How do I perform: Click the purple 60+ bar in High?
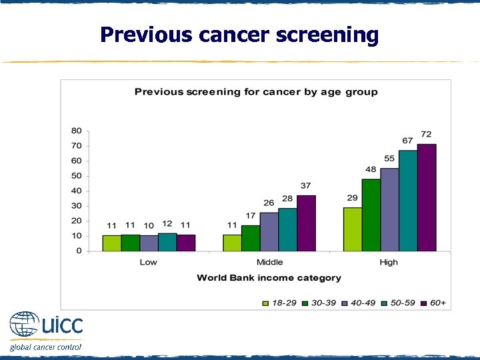click(427, 197)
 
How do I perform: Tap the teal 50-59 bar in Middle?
click(287, 229)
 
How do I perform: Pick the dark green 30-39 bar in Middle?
click(251, 238)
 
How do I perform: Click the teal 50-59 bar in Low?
click(167, 242)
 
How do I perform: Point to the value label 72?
click(426, 135)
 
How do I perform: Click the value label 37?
click(305, 185)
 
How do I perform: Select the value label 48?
click(371, 169)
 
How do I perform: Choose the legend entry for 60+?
click(433, 303)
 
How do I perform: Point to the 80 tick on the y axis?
click(77, 131)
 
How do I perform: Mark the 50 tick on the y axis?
click(77, 176)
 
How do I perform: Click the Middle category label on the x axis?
click(269, 262)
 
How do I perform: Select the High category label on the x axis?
click(389, 262)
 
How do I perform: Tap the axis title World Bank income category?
click(269, 277)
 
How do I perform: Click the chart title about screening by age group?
click(256, 92)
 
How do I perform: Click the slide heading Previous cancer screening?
click(239, 34)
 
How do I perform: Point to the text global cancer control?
click(45, 347)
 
